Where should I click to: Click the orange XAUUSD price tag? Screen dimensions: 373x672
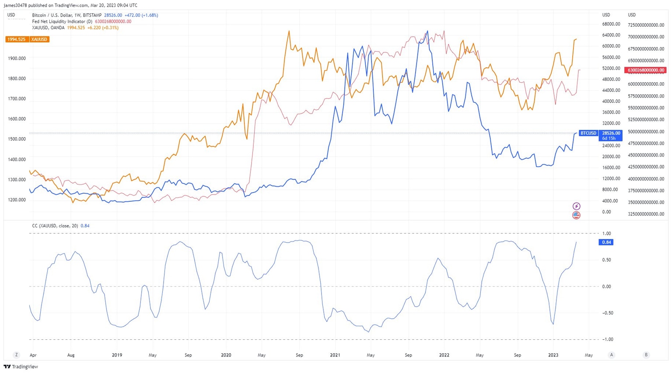tap(17, 39)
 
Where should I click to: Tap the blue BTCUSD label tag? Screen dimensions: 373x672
tap(588, 133)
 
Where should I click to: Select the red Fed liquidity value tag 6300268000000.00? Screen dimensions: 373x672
tap(646, 70)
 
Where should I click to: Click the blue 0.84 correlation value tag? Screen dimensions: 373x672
tap(606, 242)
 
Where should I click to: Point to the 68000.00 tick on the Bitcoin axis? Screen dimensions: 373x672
tap(611, 24)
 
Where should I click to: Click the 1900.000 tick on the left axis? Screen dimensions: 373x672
tap(17, 58)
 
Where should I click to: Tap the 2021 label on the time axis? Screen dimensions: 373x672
tap(335, 355)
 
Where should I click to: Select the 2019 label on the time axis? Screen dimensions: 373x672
tap(117, 355)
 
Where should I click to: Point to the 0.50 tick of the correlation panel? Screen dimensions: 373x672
tap(606, 260)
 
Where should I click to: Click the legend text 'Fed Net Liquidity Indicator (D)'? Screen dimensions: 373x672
tap(62, 21)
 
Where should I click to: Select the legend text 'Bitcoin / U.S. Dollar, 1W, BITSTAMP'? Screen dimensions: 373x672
tap(66, 15)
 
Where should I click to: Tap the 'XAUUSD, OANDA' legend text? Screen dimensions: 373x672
tap(48, 28)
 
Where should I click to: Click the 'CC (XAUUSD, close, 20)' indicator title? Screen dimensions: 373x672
tap(55, 226)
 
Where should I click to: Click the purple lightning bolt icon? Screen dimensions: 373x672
tap(576, 206)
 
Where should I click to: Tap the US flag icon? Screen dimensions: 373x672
tap(576, 215)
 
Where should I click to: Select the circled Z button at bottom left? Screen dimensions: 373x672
tap(17, 355)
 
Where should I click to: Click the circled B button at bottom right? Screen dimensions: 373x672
tap(646, 355)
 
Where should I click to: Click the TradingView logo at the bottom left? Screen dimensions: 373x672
tap(21, 367)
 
